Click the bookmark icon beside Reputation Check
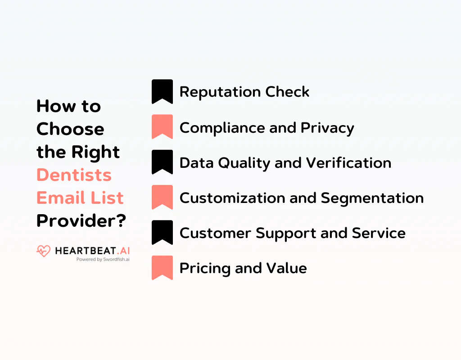pyautogui.click(x=162, y=91)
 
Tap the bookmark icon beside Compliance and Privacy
pyautogui.click(x=162, y=126)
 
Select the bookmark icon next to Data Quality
pyautogui.click(x=162, y=162)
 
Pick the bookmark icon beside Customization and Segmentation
pyautogui.click(x=162, y=197)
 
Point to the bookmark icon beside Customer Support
pyautogui.click(x=162, y=232)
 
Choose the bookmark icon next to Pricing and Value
pyautogui.click(x=162, y=268)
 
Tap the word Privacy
pyautogui.click(x=327, y=128)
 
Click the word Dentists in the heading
pyautogui.click(x=74, y=175)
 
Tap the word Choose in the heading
pyautogui.click(x=70, y=129)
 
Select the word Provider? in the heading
pyautogui.click(x=81, y=220)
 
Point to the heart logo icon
pyautogui.click(x=44, y=251)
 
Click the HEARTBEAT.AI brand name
pyautogui.click(x=92, y=251)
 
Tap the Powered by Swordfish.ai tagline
pyautogui.click(x=103, y=260)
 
